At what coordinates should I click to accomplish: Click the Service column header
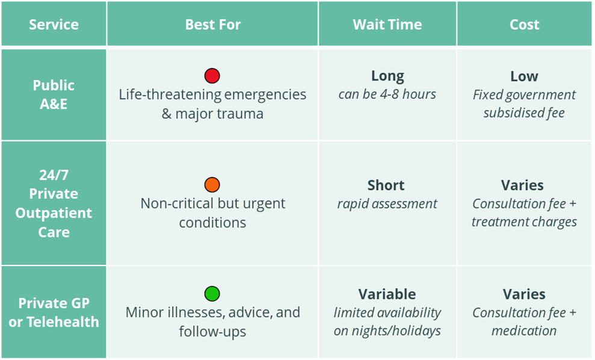tap(54, 25)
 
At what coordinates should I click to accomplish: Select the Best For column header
tap(212, 25)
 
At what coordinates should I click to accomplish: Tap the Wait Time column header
tap(387, 25)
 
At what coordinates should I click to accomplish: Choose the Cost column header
tap(524, 25)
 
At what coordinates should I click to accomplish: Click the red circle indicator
tap(212, 76)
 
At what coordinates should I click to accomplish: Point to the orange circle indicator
tap(212, 185)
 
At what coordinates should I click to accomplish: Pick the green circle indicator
tap(212, 294)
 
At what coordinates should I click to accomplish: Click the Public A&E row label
tap(54, 94)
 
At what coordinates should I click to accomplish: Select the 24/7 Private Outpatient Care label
tap(54, 203)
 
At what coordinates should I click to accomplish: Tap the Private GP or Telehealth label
tap(54, 312)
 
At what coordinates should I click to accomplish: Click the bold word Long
tap(387, 76)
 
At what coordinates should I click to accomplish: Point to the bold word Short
tap(387, 185)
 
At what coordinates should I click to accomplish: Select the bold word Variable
tap(387, 294)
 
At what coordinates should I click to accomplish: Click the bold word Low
tap(524, 76)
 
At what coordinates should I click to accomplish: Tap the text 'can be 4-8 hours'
tap(387, 94)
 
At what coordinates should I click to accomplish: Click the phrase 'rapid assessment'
tap(387, 203)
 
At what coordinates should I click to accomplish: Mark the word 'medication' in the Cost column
tap(524, 331)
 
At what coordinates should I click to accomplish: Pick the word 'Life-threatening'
tap(162, 95)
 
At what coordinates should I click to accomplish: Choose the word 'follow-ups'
tap(212, 331)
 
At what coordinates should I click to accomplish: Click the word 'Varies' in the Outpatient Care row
tap(524, 185)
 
